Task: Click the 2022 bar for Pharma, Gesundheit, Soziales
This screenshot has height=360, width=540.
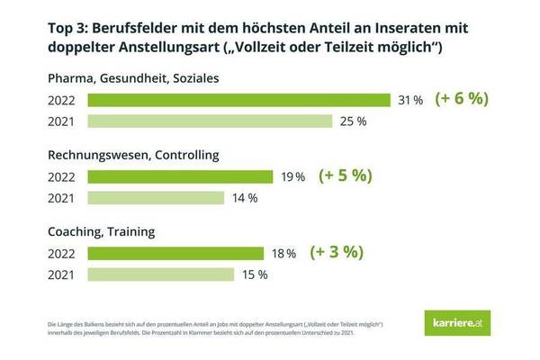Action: pyautogui.click(x=238, y=100)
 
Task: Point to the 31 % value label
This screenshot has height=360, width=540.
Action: pyautogui.click(x=410, y=100)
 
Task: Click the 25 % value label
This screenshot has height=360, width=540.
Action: pyautogui.click(x=351, y=121)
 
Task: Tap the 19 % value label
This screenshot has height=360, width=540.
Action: pyautogui.click(x=293, y=176)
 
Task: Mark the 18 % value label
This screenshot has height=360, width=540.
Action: pyautogui.click(x=284, y=254)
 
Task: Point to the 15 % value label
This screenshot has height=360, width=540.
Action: pyautogui.click(x=254, y=274)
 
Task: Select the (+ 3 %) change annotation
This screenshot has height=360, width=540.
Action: pyautogui.click(x=338, y=253)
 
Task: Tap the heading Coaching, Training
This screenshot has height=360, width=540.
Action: pyautogui.click(x=101, y=231)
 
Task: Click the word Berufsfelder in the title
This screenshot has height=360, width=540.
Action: pyautogui.click(x=152, y=27)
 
